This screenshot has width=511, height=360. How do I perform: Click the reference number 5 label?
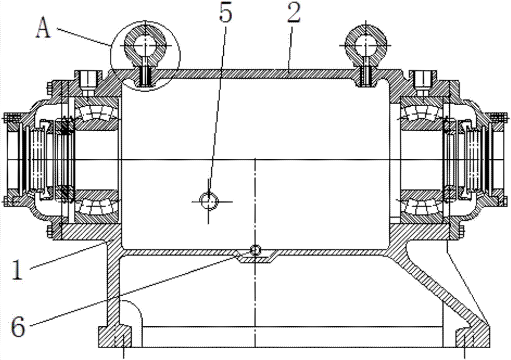tap(225, 14)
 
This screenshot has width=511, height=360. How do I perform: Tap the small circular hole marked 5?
tap(208, 201)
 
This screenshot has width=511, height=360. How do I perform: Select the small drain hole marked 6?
tap(255, 249)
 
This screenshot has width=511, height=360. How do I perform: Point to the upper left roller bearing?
tap(97, 112)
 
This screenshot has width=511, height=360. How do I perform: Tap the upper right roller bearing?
tap(421, 112)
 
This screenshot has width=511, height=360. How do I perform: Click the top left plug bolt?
tap(87, 79)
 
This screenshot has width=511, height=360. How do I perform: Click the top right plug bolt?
tap(423, 79)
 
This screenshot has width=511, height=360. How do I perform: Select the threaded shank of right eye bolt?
tap(366, 75)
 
